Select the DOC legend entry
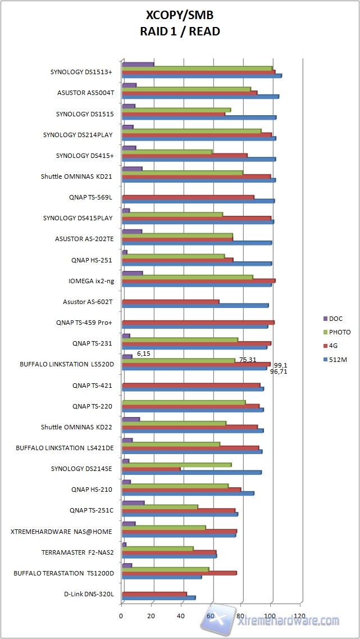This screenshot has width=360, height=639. click(335, 319)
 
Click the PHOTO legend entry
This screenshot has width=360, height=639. click(339, 332)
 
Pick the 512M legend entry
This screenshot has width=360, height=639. click(338, 359)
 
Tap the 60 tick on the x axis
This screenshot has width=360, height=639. click(211, 616)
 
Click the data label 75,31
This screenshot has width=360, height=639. click(248, 360)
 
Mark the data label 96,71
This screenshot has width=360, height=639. click(279, 371)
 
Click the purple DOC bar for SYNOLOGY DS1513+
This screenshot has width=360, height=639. click(138, 64)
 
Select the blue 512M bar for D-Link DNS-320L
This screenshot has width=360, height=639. click(158, 597)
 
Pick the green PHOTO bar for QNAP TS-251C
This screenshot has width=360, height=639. click(160, 506)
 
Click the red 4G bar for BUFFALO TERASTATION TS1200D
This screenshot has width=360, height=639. click(179, 573)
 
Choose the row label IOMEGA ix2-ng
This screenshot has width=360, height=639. click(90, 280)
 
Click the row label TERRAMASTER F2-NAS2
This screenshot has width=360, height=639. click(78, 552)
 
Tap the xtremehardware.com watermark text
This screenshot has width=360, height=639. click(288, 620)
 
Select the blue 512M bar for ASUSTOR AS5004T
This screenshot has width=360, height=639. click(200, 97)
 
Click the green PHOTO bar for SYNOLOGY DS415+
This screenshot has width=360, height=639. click(167, 152)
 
